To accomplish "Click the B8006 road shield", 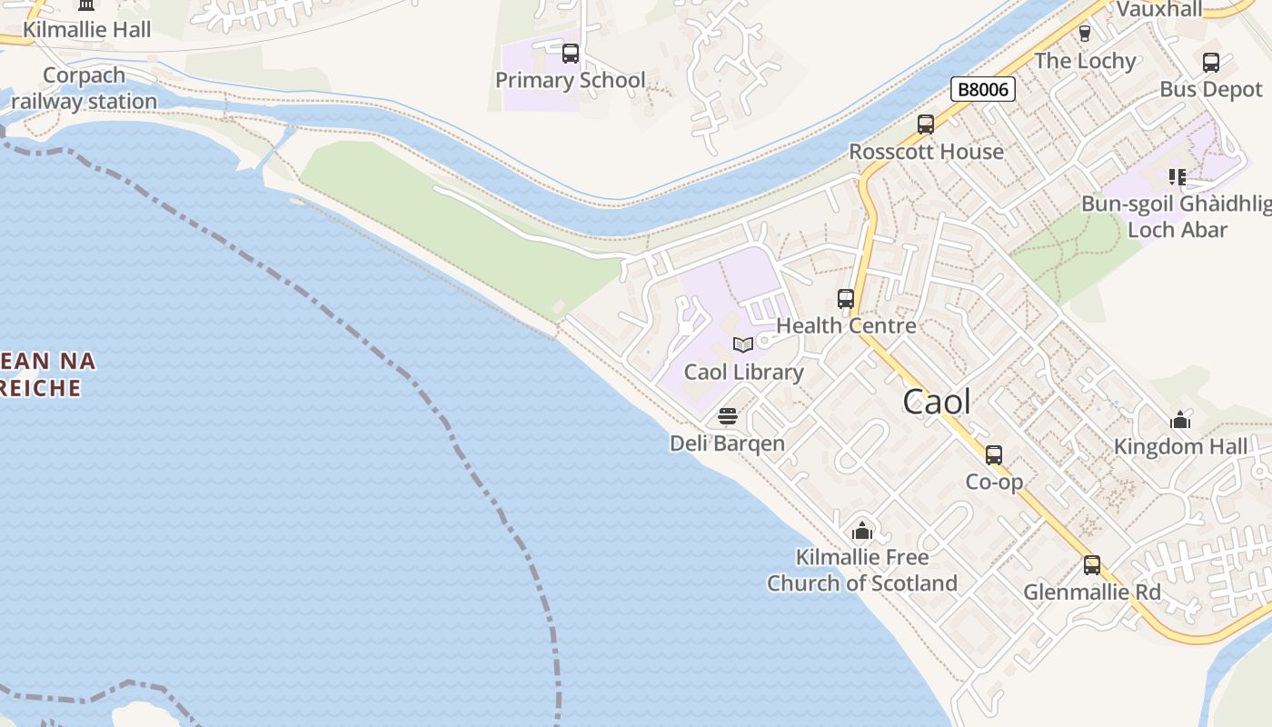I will (982, 89).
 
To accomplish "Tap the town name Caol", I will (937, 402).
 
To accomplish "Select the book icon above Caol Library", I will (743, 344).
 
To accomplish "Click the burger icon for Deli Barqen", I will (727, 416).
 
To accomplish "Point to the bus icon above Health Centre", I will (846, 298).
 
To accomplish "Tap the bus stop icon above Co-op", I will (994, 455).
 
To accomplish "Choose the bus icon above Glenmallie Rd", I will (1092, 565).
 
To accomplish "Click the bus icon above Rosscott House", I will (926, 124).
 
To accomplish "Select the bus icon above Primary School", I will (571, 54).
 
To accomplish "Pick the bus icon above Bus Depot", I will (1211, 63).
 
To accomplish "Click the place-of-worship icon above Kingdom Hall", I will (1180, 420).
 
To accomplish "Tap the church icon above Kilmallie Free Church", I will (862, 531).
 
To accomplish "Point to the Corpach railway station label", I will (84, 88).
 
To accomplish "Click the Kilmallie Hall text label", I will (87, 30).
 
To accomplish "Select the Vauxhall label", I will (1158, 9).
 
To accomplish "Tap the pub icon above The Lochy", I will (1084, 34).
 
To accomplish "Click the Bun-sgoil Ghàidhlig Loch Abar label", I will (1178, 216).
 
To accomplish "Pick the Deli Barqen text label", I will (727, 443).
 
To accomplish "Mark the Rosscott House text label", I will (926, 152).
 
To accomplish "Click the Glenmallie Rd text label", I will (1092, 593).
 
